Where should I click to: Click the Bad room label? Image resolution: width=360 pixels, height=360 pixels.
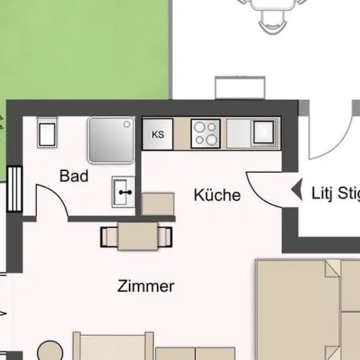[74, 176]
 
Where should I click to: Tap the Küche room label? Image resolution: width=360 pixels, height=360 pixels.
[218, 195]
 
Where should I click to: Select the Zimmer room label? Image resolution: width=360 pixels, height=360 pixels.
[146, 286]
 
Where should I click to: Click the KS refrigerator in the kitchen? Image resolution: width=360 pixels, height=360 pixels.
[158, 134]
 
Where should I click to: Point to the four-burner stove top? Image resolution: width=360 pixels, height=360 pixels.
[206, 134]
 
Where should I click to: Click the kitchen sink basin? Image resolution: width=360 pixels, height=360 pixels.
[263, 132]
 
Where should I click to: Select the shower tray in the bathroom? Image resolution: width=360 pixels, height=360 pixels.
[111, 140]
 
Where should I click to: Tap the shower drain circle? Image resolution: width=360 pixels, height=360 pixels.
[127, 124]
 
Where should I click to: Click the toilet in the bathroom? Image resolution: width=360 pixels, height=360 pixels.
[47, 132]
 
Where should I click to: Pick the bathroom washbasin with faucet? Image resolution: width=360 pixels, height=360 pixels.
[123, 192]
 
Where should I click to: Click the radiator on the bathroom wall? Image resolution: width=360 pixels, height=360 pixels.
[14, 189]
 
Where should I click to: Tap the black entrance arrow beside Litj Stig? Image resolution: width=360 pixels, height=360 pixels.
[298, 190]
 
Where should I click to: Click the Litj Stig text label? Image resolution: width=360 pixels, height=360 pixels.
[335, 194]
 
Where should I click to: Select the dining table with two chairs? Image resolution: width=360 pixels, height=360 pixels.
[137, 237]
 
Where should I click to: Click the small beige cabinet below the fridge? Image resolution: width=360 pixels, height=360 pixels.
[158, 204]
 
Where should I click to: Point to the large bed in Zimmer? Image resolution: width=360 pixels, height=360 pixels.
[307, 310]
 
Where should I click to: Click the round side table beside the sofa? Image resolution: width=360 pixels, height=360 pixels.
[50, 351]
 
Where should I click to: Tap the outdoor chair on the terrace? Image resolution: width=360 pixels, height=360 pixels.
[272, 22]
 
